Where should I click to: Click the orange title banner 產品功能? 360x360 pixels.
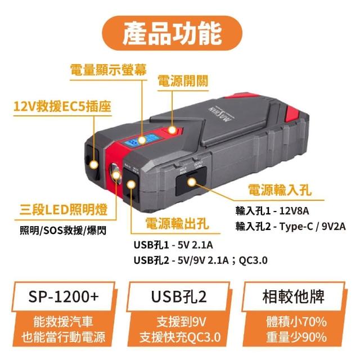pyautogui.click(x=172, y=33)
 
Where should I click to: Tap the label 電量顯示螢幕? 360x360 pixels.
pyautogui.click(x=109, y=70)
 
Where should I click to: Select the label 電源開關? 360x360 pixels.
pyautogui.click(x=183, y=81)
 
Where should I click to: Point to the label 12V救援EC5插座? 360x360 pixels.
pyautogui.click(x=62, y=106)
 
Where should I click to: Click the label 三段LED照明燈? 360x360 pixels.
pyautogui.click(x=64, y=210)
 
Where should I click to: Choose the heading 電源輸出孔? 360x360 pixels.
pyautogui.click(x=177, y=223)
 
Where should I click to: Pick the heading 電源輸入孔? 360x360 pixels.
pyautogui.click(x=280, y=190)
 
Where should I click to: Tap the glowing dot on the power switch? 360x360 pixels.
pyautogui.click(x=172, y=130)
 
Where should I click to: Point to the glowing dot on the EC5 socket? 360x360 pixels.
pyautogui.click(x=94, y=164)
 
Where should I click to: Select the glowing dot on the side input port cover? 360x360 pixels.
pyautogui.click(x=192, y=182)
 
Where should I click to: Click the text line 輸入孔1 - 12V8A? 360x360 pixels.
pyautogui.click(x=272, y=211)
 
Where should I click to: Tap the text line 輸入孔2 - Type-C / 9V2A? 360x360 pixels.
pyautogui.click(x=290, y=227)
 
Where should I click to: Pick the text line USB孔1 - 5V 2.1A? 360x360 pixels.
pyautogui.click(x=173, y=245)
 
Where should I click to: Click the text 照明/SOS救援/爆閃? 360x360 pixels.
pyautogui.click(x=63, y=231)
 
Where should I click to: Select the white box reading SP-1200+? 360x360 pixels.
pyautogui.click(x=64, y=296)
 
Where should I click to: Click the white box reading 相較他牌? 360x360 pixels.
pyautogui.click(x=294, y=296)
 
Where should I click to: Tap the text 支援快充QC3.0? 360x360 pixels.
pyautogui.click(x=180, y=337)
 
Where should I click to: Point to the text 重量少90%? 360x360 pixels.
pyautogui.click(x=296, y=337)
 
